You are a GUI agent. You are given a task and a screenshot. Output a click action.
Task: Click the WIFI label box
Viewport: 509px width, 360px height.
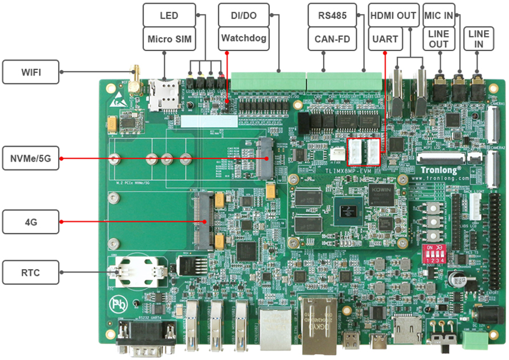tap(31, 73)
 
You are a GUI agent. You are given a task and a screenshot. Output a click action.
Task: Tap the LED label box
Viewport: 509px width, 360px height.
tap(169, 15)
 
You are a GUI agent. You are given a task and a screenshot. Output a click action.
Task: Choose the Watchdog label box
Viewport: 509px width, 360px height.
tap(243, 39)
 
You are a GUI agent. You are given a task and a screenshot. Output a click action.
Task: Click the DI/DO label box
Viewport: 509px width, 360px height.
tap(243, 15)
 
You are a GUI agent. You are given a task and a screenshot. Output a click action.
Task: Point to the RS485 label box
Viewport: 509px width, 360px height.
tap(332, 15)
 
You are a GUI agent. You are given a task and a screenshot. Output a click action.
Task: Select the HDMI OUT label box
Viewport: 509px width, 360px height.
tap(393, 15)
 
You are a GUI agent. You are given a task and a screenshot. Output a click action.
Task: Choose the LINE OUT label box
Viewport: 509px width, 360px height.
tap(439, 39)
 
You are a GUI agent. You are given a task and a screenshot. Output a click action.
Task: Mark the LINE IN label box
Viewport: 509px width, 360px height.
tap(479, 39)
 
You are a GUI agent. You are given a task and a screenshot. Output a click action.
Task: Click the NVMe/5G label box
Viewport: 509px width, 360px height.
tap(31, 158)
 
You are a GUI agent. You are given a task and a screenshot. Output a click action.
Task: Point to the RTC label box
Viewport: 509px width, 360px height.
tap(31, 273)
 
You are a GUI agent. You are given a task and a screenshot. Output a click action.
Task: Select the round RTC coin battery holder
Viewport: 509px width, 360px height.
tap(140, 271)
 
